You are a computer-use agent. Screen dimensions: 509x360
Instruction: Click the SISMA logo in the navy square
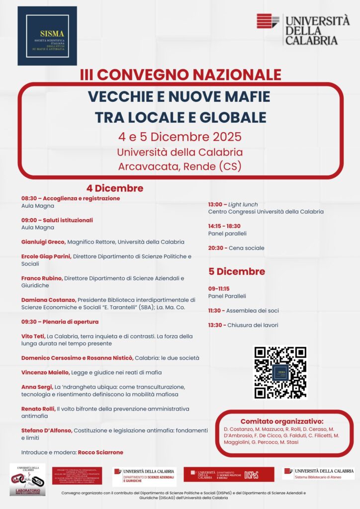pyautogui.click(x=47, y=36)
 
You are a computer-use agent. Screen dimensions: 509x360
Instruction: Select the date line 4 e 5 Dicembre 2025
pyautogui.click(x=180, y=137)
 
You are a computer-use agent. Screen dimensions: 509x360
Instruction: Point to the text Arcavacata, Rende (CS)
pyautogui.click(x=180, y=167)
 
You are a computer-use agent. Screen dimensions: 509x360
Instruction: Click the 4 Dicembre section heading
pyautogui.click(x=115, y=188)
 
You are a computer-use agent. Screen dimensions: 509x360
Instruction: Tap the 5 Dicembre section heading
pyautogui.click(x=237, y=271)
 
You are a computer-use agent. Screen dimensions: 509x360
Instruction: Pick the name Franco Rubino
pyautogui.click(x=42, y=278)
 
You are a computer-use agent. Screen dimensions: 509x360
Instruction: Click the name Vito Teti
pyautogui.click(x=33, y=337)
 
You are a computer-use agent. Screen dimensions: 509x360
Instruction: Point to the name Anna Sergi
pyautogui.click(x=36, y=387)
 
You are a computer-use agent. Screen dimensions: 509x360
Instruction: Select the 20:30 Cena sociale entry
pyautogui.click(x=236, y=248)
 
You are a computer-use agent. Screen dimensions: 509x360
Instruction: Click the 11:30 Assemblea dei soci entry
pyautogui.click(x=243, y=311)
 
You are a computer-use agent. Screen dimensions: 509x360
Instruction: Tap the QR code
pyautogui.click(x=280, y=372)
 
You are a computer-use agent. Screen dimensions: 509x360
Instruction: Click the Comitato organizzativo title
pyautogui.click(x=282, y=421)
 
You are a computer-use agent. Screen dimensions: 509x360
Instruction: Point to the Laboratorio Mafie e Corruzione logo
pyautogui.click(x=27, y=480)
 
